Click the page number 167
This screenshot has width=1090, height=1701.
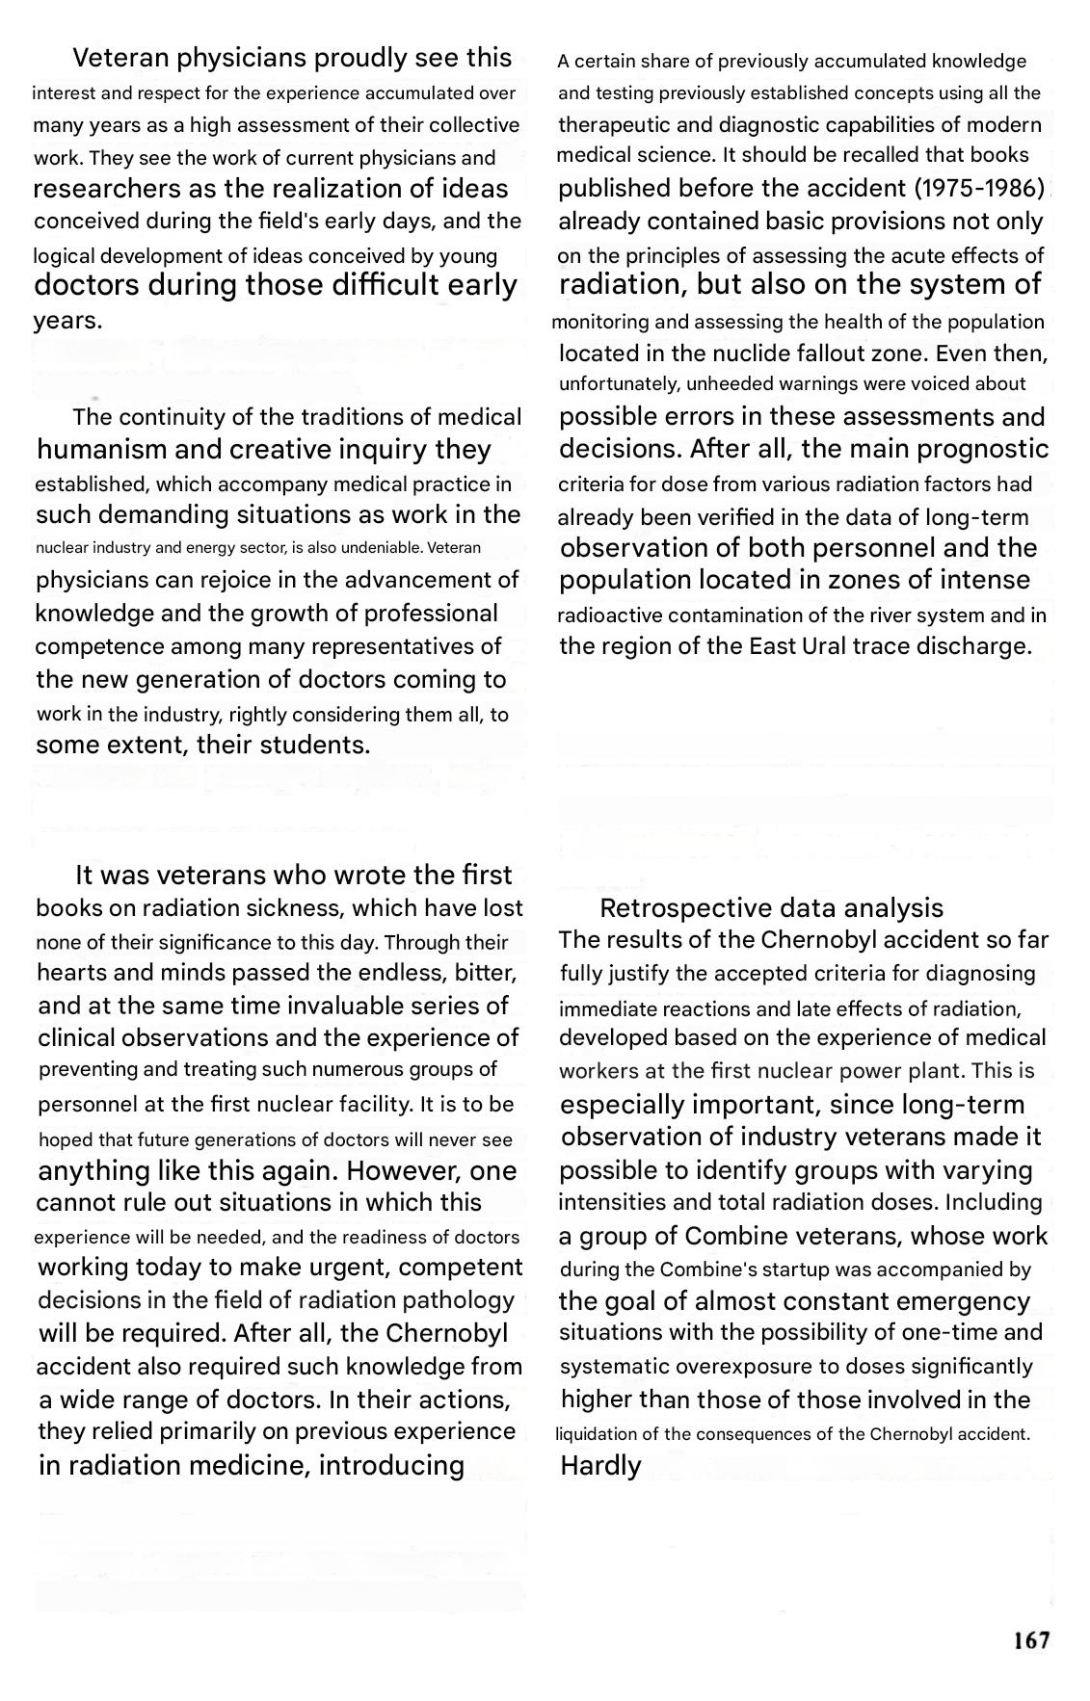coord(1031,1640)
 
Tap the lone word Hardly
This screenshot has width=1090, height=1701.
coord(600,1465)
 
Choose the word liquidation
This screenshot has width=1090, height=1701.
coord(595,1434)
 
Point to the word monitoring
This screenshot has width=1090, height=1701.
coord(600,322)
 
